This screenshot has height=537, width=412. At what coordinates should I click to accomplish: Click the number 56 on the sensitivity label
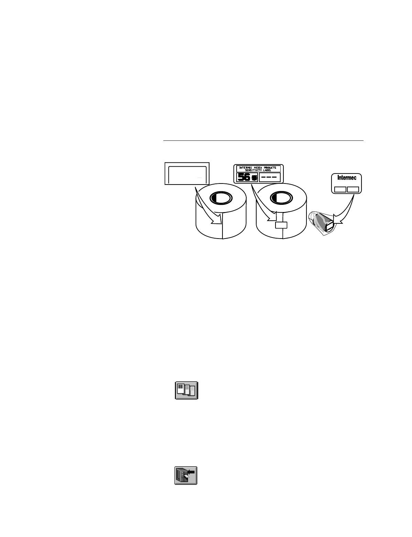click(243, 178)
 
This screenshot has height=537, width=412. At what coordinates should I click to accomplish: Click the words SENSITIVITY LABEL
click(258, 171)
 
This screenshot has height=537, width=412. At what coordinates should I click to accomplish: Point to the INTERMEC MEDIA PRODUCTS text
click(258, 168)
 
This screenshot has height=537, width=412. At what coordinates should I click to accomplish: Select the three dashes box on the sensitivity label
click(269, 178)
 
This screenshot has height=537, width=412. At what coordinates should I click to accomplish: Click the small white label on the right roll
click(281, 225)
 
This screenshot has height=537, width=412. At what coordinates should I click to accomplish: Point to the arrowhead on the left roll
click(216, 220)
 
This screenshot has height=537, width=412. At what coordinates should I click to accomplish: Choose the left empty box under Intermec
click(340, 189)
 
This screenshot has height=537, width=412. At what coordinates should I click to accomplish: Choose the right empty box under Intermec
click(353, 189)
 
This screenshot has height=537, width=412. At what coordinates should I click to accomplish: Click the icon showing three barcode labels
click(186, 390)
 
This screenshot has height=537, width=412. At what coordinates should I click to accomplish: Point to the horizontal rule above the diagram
click(263, 141)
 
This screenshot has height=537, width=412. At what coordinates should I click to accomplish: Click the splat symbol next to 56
click(254, 178)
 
